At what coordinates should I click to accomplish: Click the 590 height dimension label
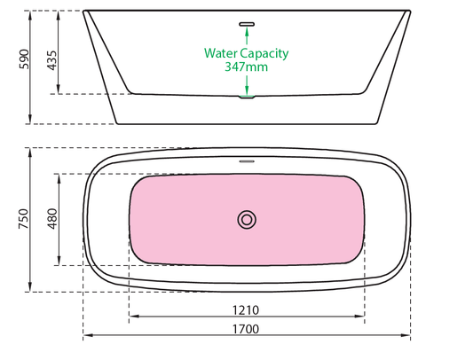pyautogui.click(x=24, y=59)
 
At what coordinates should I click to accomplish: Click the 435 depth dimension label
pyautogui.click(x=51, y=60)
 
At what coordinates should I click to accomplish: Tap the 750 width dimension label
pyautogui.click(x=24, y=219)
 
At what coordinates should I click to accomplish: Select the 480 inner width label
pyautogui.click(x=51, y=219)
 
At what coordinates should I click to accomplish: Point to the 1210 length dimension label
pyautogui.click(x=246, y=310)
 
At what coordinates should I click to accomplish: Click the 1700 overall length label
pyautogui.click(x=246, y=329)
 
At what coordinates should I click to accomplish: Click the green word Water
pyautogui.click(x=220, y=53)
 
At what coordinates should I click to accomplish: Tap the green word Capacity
pyautogui.click(x=264, y=54)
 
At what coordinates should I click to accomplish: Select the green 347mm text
pyautogui.click(x=247, y=67)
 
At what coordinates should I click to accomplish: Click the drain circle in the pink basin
pyautogui.click(x=247, y=220)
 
